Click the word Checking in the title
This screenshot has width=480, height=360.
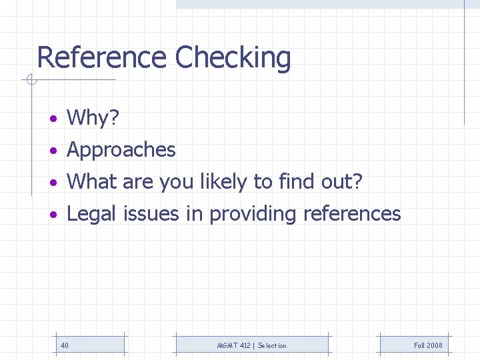(233, 59)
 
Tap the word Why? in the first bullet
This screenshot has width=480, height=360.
(93, 118)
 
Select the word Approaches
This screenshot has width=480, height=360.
(121, 150)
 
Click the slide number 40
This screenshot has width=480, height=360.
(64, 345)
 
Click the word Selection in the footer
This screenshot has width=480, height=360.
(272, 345)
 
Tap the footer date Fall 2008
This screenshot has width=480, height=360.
(428, 345)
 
